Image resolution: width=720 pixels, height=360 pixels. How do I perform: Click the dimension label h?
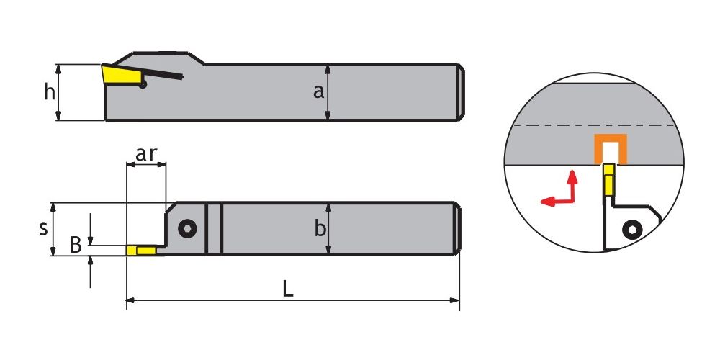coord(49,92)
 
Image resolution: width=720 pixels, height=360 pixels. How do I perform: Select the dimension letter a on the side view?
coord(318,91)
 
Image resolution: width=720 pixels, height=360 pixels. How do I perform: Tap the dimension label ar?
coord(146,155)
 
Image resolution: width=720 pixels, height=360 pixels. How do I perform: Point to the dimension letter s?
coord(43,228)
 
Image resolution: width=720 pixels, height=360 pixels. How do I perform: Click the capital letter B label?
coord(76,246)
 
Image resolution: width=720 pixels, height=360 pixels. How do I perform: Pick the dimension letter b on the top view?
coord(320,228)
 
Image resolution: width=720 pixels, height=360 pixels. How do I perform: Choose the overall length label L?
coord(287,289)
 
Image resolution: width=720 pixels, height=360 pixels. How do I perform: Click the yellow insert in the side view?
coord(121,74)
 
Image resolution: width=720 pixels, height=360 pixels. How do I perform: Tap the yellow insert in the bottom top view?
coord(141,251)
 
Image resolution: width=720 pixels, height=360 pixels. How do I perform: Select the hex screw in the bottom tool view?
coord(187,228)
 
